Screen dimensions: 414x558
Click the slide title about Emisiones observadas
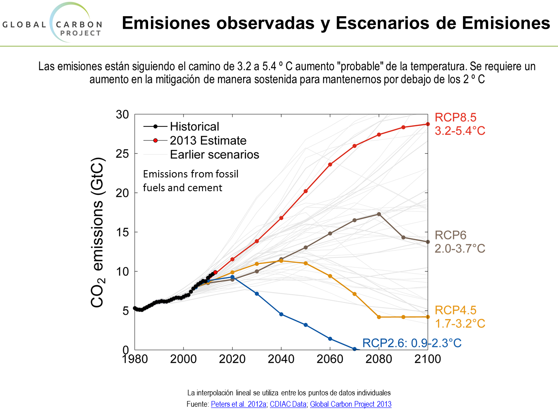[x=336, y=23]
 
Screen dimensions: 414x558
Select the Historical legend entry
[x=194, y=126]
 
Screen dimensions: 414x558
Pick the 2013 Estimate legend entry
[x=208, y=141]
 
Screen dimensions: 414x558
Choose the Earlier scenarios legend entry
[x=214, y=155]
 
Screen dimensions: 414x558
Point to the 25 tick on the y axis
[x=122, y=154]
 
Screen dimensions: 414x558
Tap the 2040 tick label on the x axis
[x=281, y=359]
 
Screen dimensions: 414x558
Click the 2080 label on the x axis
[x=379, y=359]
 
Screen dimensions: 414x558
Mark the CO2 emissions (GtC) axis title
[x=98, y=233]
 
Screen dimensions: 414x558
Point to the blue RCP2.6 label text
[x=411, y=343]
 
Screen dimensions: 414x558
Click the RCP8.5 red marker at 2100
[x=428, y=124]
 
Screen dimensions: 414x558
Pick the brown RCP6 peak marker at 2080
[x=379, y=214]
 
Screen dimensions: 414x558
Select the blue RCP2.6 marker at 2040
[x=281, y=314]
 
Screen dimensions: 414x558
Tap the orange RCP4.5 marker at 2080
[x=379, y=317]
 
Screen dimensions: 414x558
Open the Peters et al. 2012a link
[x=239, y=404]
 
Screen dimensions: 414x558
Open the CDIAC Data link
[x=288, y=404]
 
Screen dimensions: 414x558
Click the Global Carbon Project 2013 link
[x=351, y=404]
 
